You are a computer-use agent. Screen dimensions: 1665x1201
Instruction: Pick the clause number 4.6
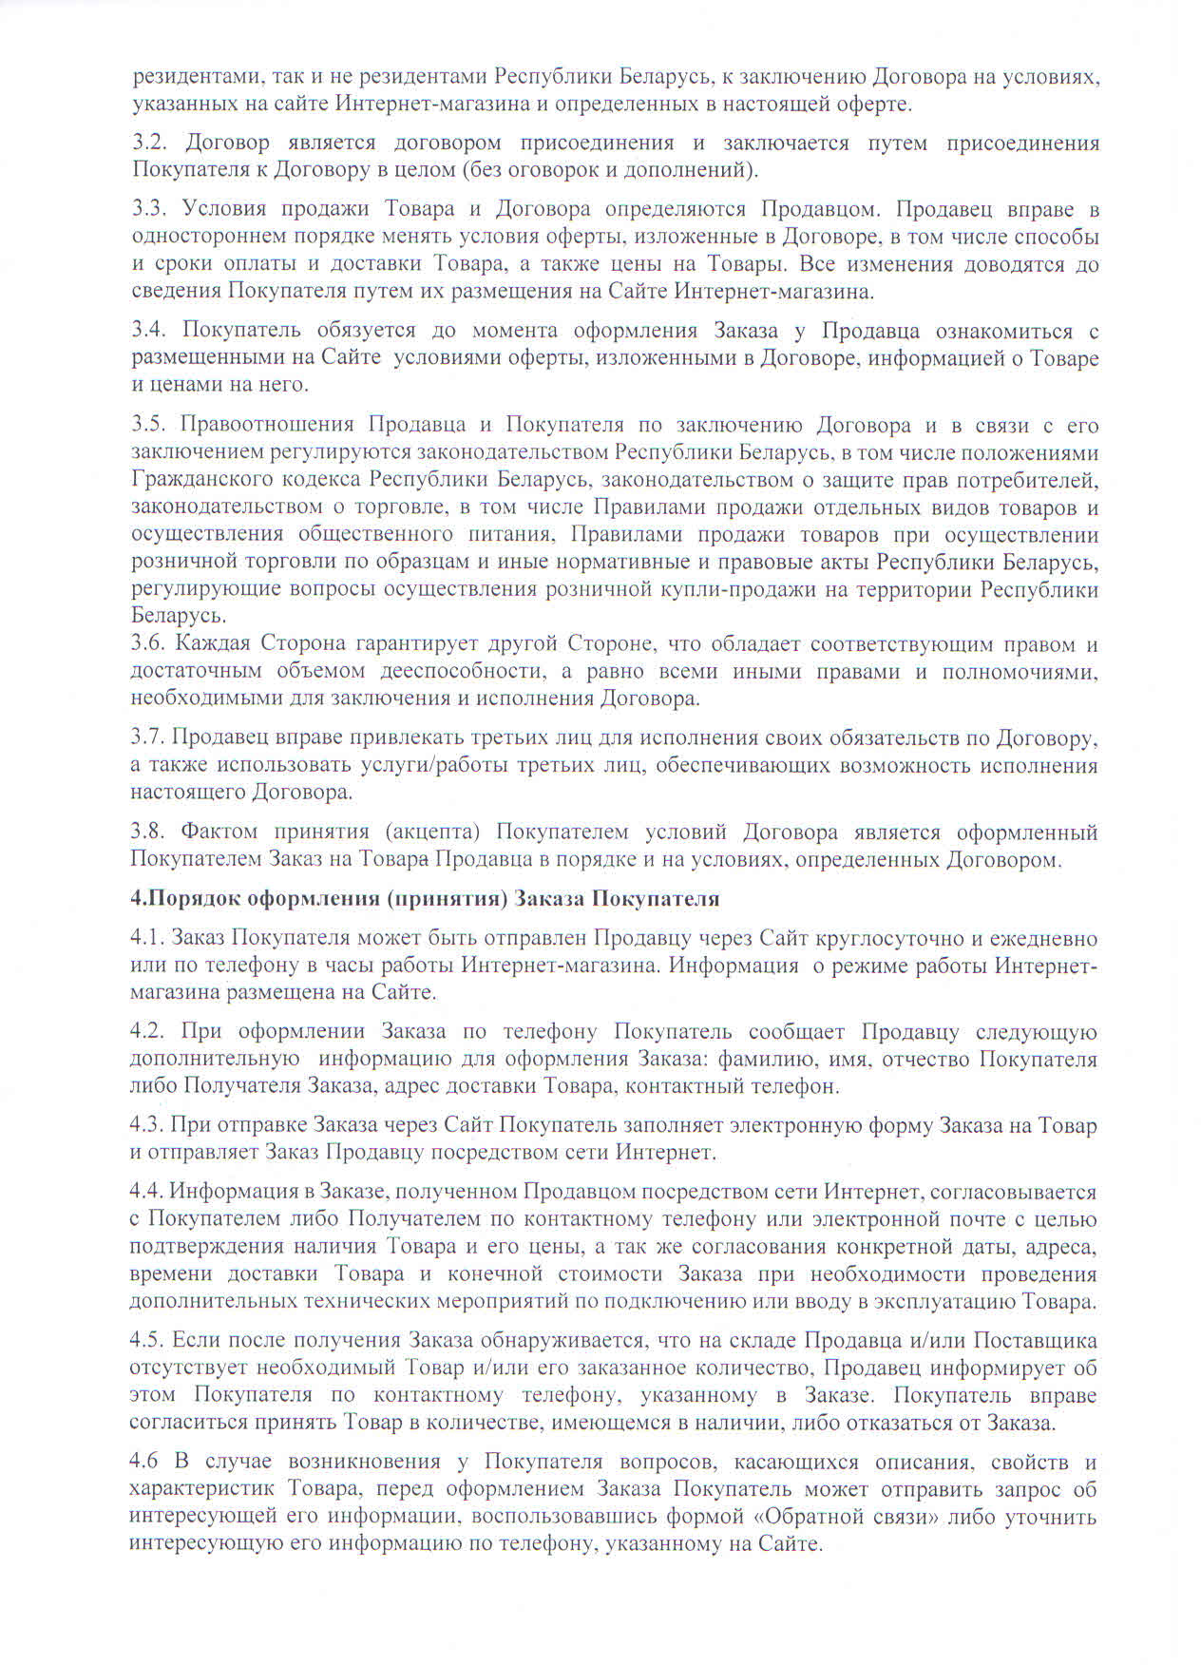[145, 1462]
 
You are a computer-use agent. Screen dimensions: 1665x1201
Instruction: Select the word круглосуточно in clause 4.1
[896, 939]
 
